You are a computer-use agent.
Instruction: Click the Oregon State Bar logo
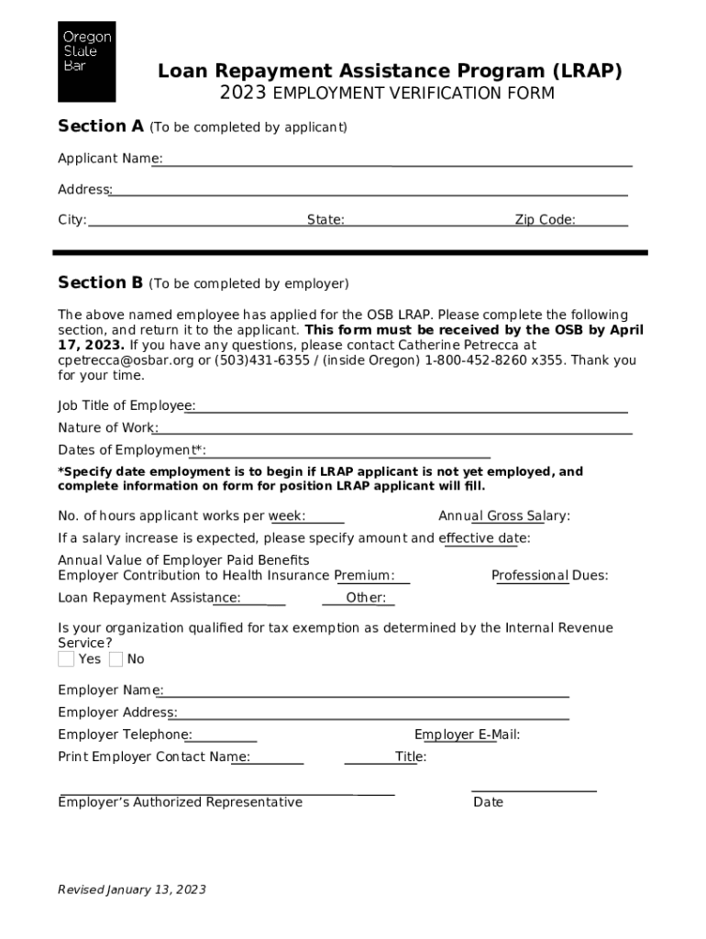pos(87,61)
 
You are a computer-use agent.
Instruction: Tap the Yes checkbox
pos(66,659)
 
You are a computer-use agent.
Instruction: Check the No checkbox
pos(116,659)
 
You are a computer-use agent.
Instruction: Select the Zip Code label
pos(545,220)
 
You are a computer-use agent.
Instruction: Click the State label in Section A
pos(325,220)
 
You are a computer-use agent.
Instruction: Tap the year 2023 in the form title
pos(243,94)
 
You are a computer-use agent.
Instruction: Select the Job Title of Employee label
pos(126,405)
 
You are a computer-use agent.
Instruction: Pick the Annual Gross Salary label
pos(503,516)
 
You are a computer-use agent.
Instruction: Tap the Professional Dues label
pos(549,576)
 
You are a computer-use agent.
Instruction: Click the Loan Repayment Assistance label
pos(149,598)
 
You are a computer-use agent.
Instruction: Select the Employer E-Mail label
pos(467,735)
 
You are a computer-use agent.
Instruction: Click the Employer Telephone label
pos(125,735)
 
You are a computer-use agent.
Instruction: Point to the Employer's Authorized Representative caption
pos(180,802)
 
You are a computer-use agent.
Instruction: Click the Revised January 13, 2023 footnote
pos(132,889)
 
